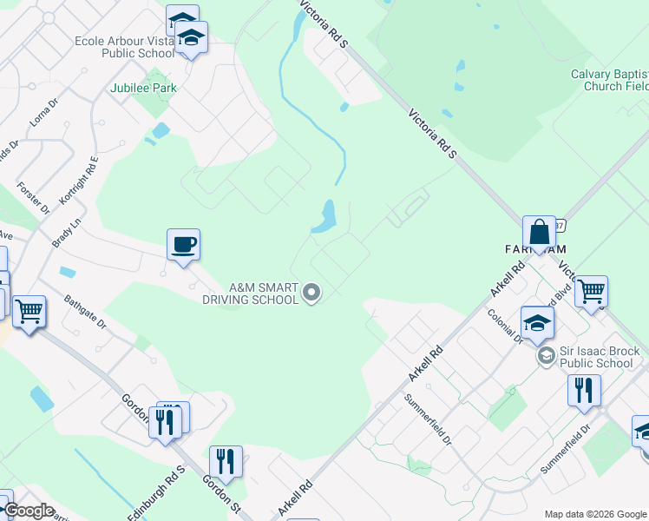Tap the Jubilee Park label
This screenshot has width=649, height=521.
[x=143, y=88]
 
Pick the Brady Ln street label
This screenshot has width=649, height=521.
[x=59, y=232]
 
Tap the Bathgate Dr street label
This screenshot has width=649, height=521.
[x=85, y=312]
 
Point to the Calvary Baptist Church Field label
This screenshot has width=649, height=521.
[x=609, y=80]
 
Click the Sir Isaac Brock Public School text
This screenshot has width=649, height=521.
[x=600, y=357]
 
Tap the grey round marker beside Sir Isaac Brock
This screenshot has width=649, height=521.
[x=547, y=356]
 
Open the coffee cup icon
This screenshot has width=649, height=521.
[x=184, y=244]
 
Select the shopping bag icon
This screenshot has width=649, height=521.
[x=539, y=232]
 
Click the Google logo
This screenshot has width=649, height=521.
[x=28, y=511]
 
